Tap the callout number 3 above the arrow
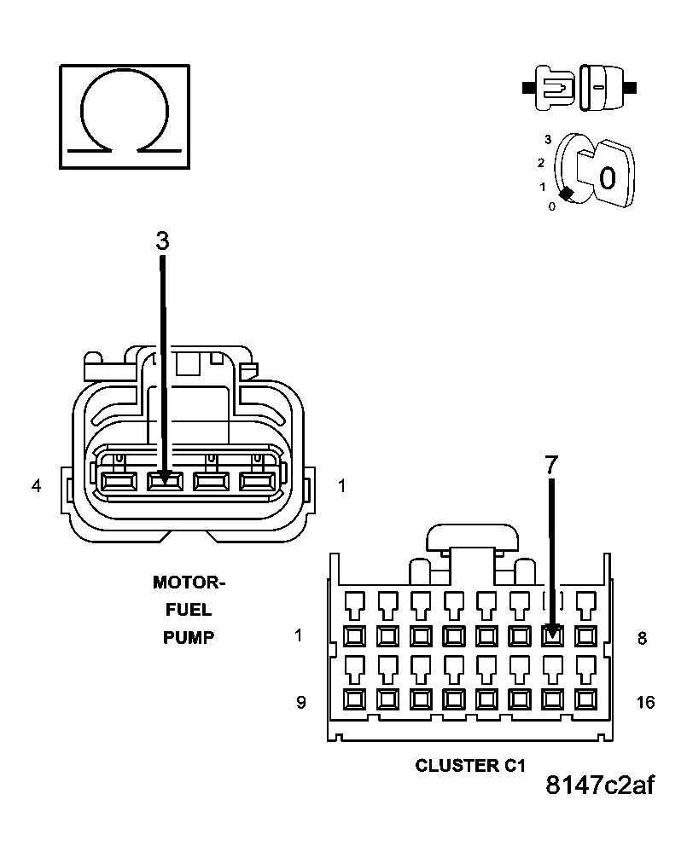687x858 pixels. click(162, 241)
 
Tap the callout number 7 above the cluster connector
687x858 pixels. click(551, 465)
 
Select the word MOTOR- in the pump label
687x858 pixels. click(189, 583)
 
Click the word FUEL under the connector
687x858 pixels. click(189, 611)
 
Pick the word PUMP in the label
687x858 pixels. click(189, 638)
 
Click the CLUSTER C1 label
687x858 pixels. click(469, 765)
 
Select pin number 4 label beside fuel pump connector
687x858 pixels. click(36, 486)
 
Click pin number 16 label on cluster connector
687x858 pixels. click(646, 702)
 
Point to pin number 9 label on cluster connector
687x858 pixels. click(300, 702)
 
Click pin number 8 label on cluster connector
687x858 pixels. click(643, 637)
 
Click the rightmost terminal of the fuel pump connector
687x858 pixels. click(255, 482)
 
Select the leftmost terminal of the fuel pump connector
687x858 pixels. click(115, 482)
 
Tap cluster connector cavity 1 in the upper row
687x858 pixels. click(352, 635)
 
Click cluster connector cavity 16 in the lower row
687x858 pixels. click(585, 700)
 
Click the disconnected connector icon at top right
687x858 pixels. click(579, 87)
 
